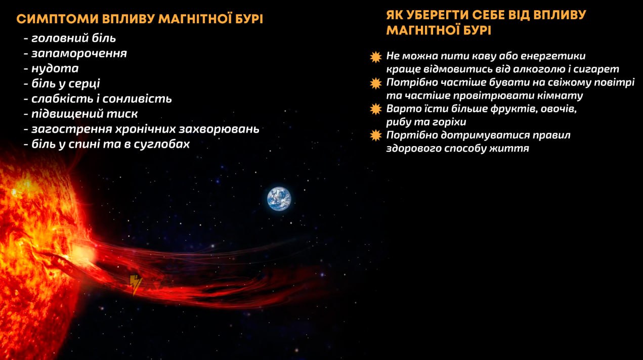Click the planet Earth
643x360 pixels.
pos(279,199)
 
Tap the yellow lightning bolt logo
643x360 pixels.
pos(136,284)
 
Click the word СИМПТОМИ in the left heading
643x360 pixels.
pos(57,19)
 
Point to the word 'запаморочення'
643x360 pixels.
pos(79,54)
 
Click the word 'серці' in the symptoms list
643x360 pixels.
pos(85,84)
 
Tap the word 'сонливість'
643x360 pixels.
pos(137,99)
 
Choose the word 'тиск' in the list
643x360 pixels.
pos(122,114)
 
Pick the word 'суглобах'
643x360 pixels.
pos(161,144)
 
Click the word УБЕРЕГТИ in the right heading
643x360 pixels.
pos(441,15)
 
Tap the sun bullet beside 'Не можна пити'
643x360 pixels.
pos(376,57)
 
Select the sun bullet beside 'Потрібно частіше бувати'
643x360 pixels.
pos(376,83)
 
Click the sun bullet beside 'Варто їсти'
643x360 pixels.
pos(376,109)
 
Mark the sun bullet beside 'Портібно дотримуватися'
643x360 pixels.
pos(376,136)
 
